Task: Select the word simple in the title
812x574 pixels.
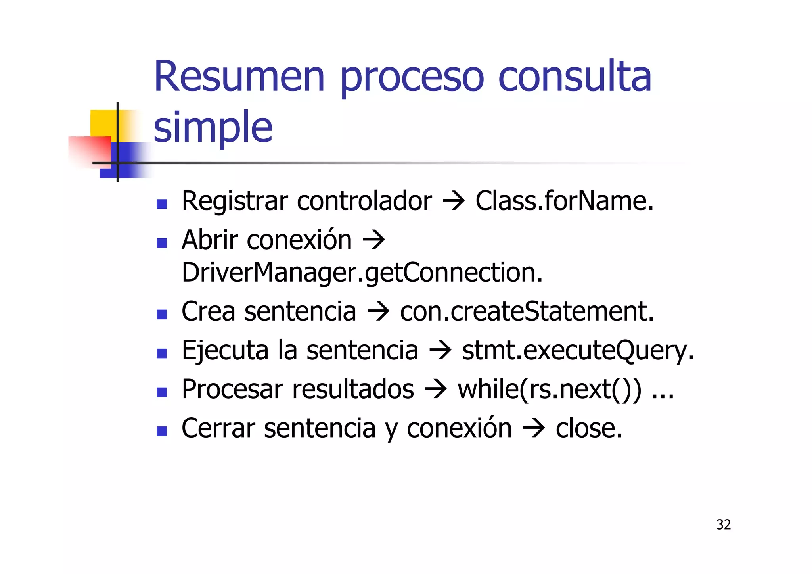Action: coord(213,127)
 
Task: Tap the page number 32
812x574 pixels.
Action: coord(723,525)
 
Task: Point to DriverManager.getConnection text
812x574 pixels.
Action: coord(362,273)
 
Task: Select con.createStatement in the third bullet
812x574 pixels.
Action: coord(527,311)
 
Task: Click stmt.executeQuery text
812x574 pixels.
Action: coord(578,351)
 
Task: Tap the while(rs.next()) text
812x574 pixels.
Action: coord(549,390)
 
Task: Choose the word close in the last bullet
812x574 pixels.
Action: coord(588,428)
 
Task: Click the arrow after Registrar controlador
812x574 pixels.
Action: coord(453,201)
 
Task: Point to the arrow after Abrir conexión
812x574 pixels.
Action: coord(373,240)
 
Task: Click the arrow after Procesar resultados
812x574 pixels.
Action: coord(436,390)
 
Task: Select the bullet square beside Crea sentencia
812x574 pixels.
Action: coord(161,315)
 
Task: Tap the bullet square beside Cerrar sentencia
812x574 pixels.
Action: coord(161,431)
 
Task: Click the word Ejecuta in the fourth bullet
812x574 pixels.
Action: coord(225,351)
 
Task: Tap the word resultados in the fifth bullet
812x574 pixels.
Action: coord(353,390)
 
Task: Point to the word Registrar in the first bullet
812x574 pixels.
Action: coord(234,201)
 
